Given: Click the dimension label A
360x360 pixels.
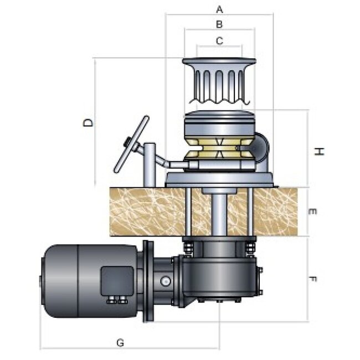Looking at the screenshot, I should (x=219, y=9).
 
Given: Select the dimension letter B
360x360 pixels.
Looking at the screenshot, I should (x=219, y=24).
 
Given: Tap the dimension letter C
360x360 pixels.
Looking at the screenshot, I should (x=219, y=40).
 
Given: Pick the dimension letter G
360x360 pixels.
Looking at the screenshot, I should (x=120, y=343).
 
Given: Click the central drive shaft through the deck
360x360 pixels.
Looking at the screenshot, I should (x=219, y=213).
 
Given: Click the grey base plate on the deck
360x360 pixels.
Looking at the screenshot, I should (x=219, y=179).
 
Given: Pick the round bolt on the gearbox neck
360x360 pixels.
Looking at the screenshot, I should (x=166, y=281).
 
